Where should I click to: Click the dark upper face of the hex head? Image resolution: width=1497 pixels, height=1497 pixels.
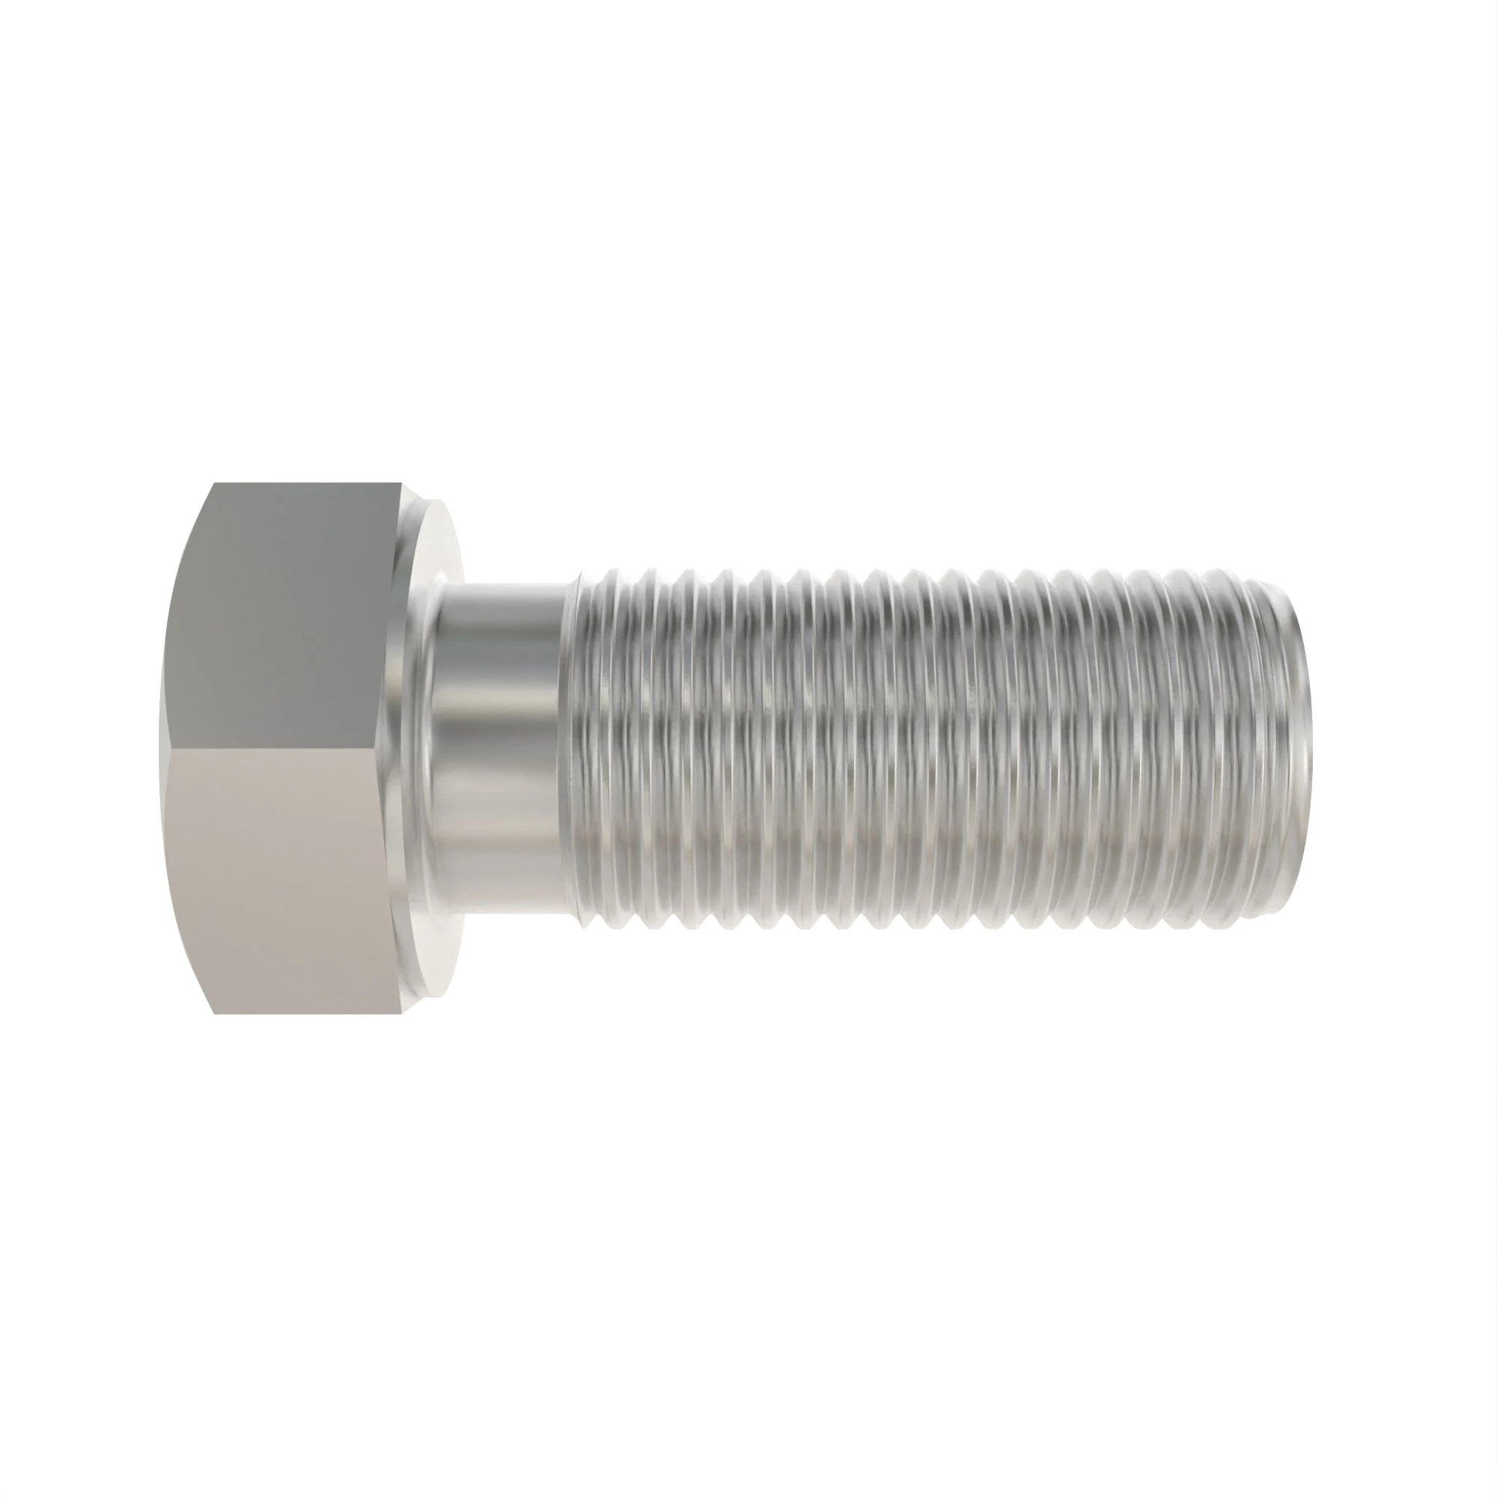294,612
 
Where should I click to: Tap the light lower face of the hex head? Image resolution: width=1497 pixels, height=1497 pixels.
294,876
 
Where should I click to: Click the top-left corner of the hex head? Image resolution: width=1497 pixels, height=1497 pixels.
215,484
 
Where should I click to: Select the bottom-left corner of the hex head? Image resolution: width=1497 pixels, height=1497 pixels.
215,1013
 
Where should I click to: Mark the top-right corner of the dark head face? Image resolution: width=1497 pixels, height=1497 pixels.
401,485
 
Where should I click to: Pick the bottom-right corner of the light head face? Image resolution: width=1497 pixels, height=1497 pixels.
401,1012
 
